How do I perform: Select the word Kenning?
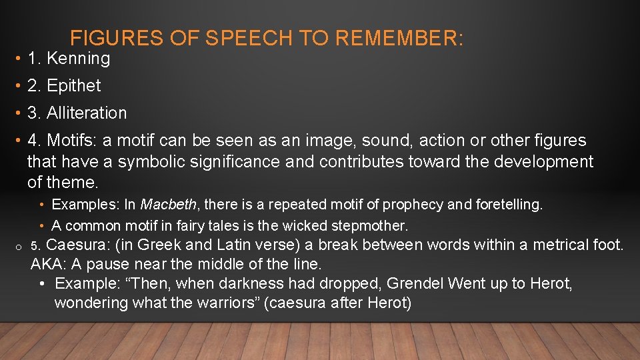click(78, 59)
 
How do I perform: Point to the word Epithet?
click(74, 86)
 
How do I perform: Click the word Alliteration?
click(87, 113)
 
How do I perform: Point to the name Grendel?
click(413, 284)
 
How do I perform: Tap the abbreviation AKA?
click(49, 264)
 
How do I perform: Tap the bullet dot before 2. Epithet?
click(17, 86)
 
